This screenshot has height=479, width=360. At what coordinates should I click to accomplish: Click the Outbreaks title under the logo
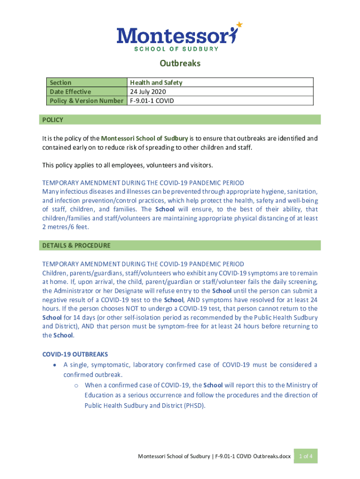[x=180, y=63]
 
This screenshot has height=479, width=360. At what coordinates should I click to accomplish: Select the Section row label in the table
[x=60, y=82]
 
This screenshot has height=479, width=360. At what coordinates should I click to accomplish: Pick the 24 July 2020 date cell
[x=148, y=91]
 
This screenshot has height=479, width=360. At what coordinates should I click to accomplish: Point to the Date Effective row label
[x=70, y=91]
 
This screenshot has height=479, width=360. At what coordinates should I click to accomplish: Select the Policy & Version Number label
[x=86, y=100]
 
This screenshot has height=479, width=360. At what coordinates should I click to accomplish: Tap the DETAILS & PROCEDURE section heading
[x=76, y=245]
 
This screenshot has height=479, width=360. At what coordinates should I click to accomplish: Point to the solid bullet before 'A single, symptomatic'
[x=56, y=365]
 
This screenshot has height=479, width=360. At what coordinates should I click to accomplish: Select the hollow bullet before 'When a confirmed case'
[x=76, y=385]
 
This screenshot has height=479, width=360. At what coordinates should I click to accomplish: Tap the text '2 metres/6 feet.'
[x=65, y=227]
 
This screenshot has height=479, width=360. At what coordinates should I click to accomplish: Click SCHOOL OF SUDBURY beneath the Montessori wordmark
[x=176, y=48]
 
